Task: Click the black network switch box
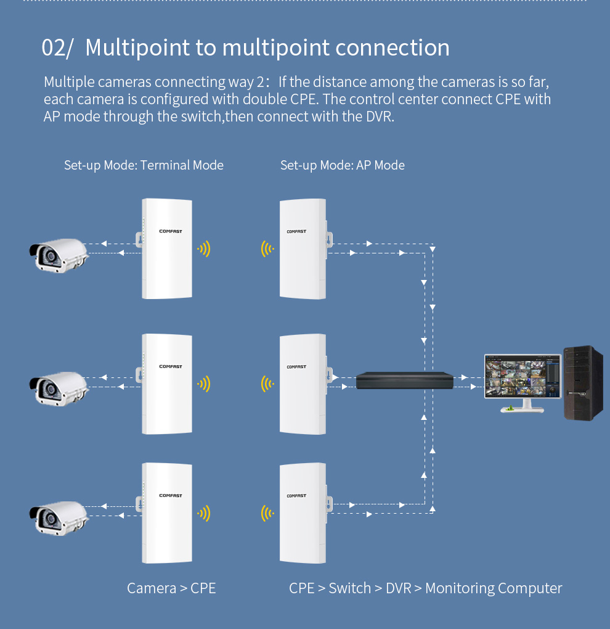click(405, 380)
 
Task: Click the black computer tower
click(583, 383)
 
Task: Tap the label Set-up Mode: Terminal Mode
click(144, 165)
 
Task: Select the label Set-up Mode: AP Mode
click(343, 165)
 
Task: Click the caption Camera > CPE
click(171, 588)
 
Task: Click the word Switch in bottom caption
click(350, 588)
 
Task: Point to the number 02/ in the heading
click(57, 48)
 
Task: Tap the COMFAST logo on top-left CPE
click(170, 232)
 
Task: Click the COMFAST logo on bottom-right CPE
click(296, 496)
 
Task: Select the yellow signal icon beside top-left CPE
click(204, 249)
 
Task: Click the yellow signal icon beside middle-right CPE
click(267, 384)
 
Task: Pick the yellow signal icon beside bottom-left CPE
click(204, 513)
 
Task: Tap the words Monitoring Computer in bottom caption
click(494, 588)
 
